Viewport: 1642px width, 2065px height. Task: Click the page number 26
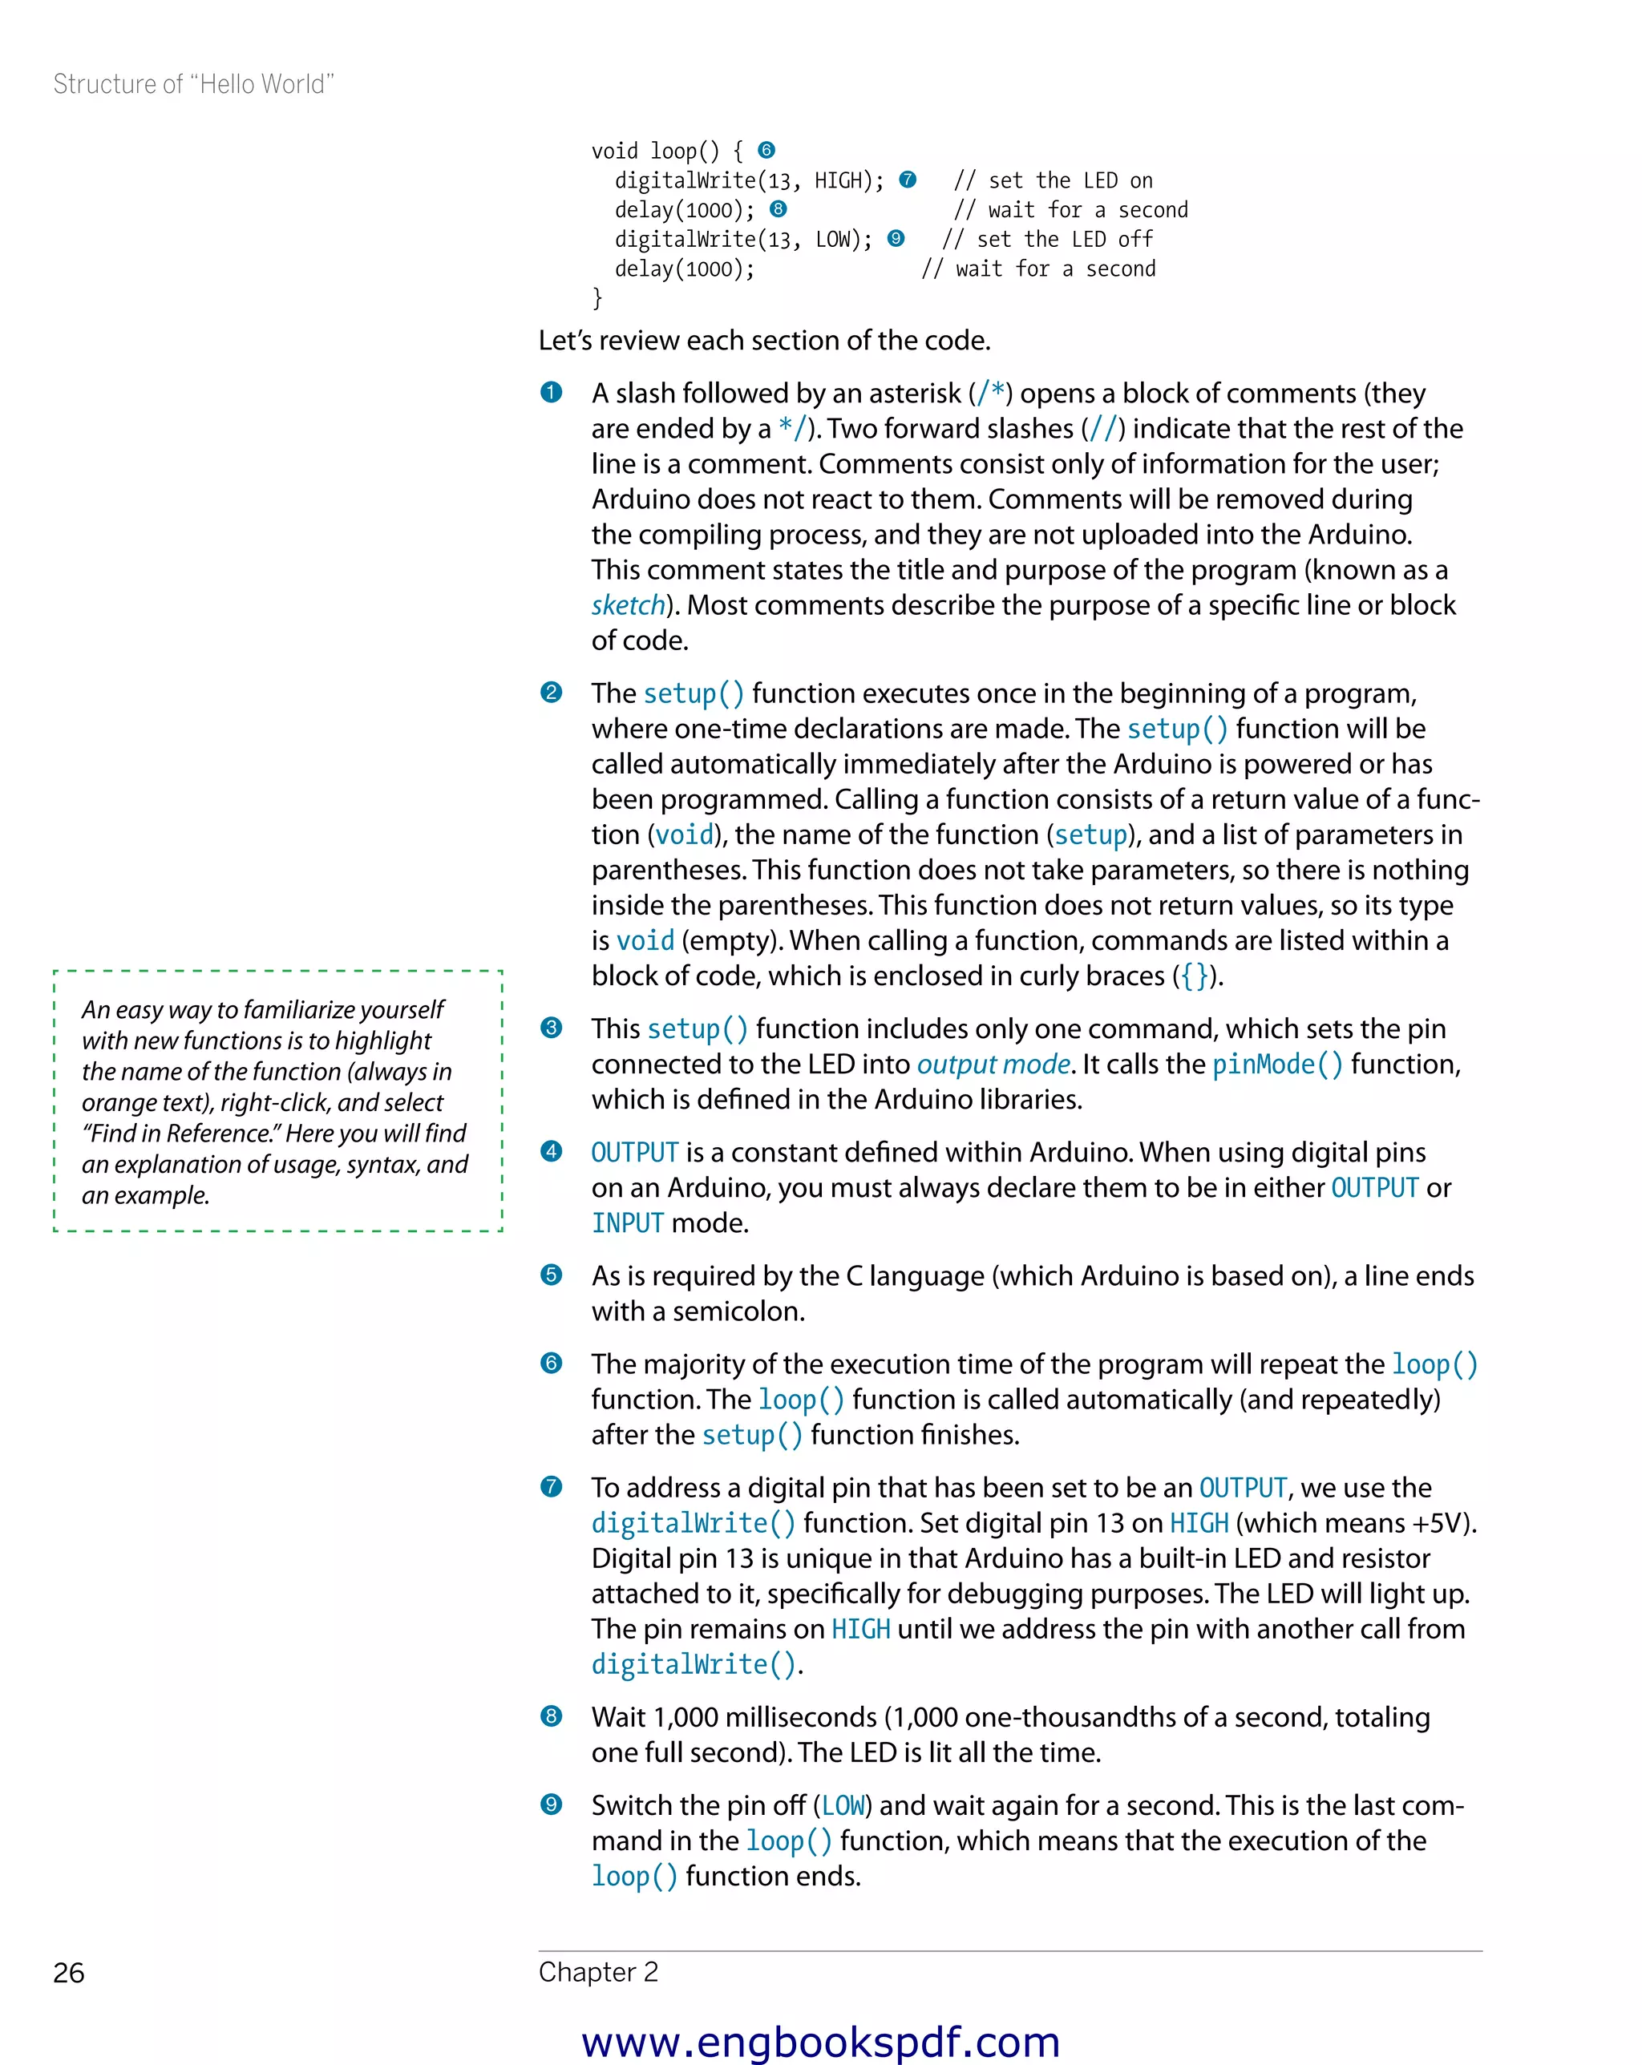[x=69, y=1973]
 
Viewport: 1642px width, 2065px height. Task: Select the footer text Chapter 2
[x=598, y=1972]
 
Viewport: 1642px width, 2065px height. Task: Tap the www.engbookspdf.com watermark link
[x=820, y=2041]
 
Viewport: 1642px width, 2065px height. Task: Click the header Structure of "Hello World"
[x=193, y=84]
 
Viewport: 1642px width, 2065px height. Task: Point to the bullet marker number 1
[x=551, y=392]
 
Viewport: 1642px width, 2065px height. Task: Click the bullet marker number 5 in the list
[x=551, y=1275]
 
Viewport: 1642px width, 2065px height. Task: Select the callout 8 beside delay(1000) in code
[x=778, y=208]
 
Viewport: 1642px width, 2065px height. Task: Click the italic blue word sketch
[x=628, y=605]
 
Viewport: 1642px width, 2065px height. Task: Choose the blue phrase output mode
[x=993, y=1064]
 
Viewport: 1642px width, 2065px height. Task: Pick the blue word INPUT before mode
[x=628, y=1223]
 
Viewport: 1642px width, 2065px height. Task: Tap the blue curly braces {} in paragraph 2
[x=1194, y=976]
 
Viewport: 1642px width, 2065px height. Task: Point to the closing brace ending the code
[x=597, y=298]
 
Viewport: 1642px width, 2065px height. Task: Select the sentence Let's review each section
[x=763, y=341]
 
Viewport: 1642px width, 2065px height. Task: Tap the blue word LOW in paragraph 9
[x=843, y=1805]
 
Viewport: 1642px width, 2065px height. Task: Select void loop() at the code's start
[x=654, y=152]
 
